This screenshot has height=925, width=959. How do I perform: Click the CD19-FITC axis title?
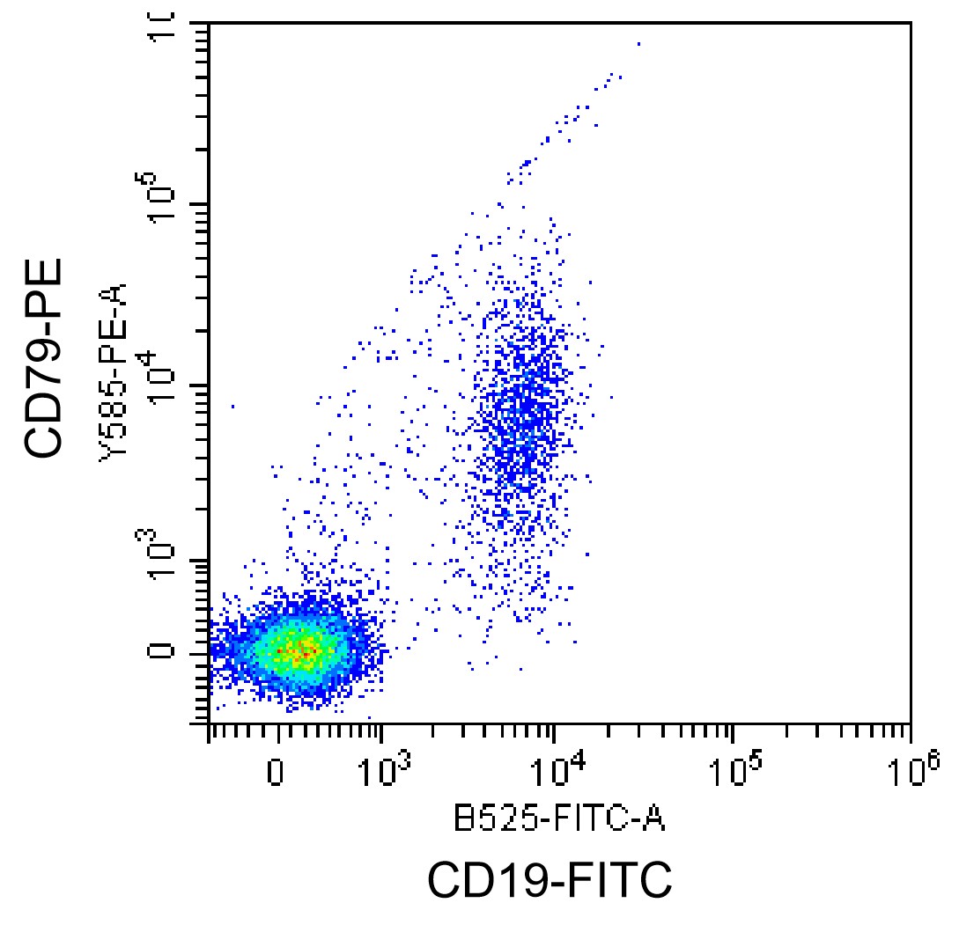tap(550, 880)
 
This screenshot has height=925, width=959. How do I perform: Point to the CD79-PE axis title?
tap(45, 356)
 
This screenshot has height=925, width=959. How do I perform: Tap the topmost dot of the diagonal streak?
tap(638, 42)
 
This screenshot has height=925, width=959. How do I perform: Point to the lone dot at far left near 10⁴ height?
tap(232, 406)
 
